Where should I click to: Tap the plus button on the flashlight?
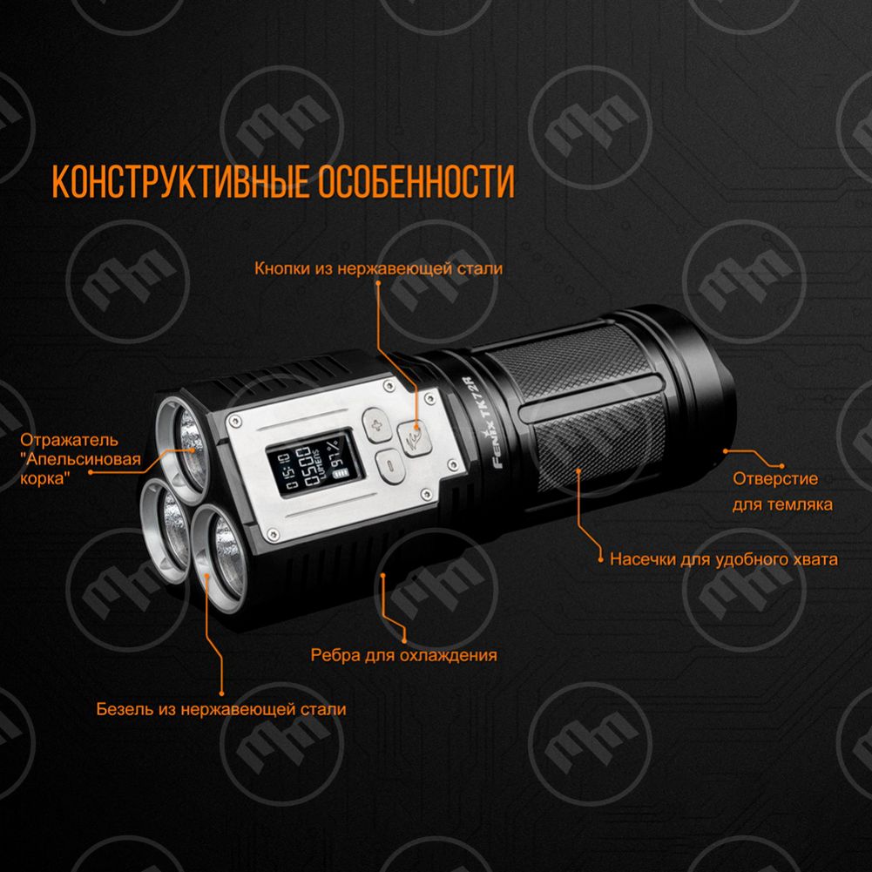click(378, 425)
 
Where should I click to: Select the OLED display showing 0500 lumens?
click(313, 466)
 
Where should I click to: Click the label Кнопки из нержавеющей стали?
click(379, 268)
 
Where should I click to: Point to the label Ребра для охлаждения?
click(403, 655)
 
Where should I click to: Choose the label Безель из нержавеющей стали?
click(221, 709)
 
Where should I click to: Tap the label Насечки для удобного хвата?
click(724, 559)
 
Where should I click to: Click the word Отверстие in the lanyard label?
click(775, 479)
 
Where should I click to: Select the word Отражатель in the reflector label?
click(69, 440)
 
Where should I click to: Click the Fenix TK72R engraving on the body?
click(483, 423)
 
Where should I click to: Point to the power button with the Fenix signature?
click(414, 437)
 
